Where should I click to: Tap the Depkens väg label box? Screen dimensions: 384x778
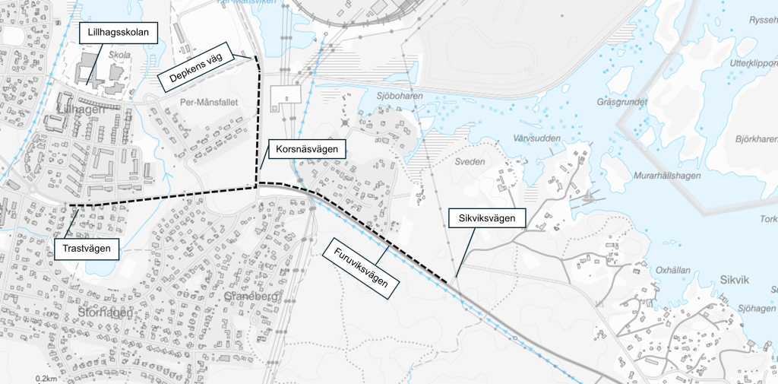(195, 71)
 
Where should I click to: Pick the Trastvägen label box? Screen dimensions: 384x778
(87, 248)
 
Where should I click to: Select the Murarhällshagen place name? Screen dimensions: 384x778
(666, 175)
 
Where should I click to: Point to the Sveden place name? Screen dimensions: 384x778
(469, 162)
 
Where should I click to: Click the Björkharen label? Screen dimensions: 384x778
(756, 140)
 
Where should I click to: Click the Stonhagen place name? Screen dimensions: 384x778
(105, 313)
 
